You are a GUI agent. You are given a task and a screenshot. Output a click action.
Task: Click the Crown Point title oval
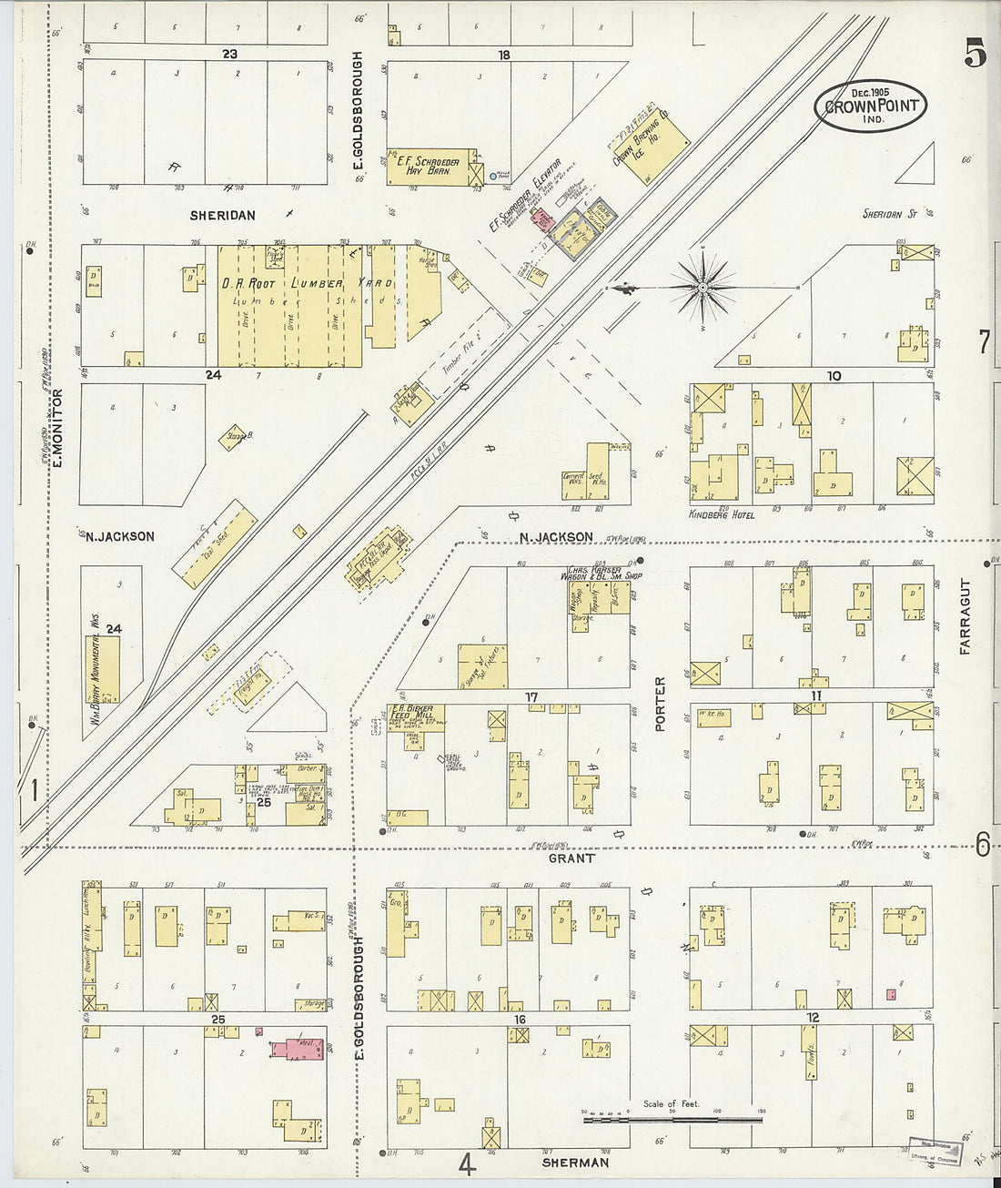pyautogui.click(x=870, y=106)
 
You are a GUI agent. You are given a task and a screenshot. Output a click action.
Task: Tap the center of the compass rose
pyautogui.click(x=703, y=288)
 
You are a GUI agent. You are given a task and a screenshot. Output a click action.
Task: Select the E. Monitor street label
pyautogui.click(x=56, y=428)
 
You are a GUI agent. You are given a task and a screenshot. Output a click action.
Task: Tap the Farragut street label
pyautogui.click(x=965, y=616)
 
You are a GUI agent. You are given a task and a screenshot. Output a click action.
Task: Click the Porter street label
pyautogui.click(x=660, y=703)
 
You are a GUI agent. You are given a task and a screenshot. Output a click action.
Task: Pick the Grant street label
pyautogui.click(x=571, y=858)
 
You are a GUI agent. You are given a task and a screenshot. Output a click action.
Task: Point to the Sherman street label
pyautogui.click(x=574, y=1163)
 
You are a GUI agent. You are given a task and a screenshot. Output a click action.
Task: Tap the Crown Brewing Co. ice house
pyautogui.click(x=652, y=144)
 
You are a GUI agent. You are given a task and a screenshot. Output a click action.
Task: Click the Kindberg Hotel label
pyautogui.click(x=730, y=515)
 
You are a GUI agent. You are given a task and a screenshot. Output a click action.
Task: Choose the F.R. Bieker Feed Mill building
pyautogui.click(x=416, y=716)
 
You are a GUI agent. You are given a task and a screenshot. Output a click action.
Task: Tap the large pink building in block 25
pyautogui.click(x=298, y=1049)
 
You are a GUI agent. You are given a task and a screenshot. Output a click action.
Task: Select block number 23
pyautogui.click(x=228, y=54)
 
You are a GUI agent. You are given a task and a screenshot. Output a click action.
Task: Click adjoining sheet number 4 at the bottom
pyautogui.click(x=466, y=1164)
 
